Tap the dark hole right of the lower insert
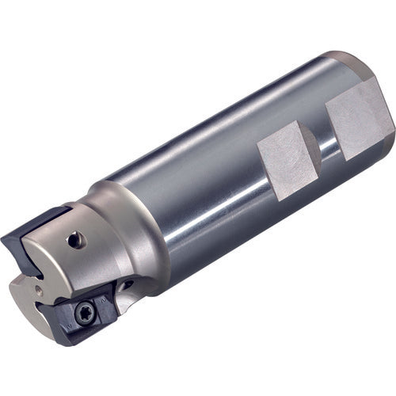point(126,284)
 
